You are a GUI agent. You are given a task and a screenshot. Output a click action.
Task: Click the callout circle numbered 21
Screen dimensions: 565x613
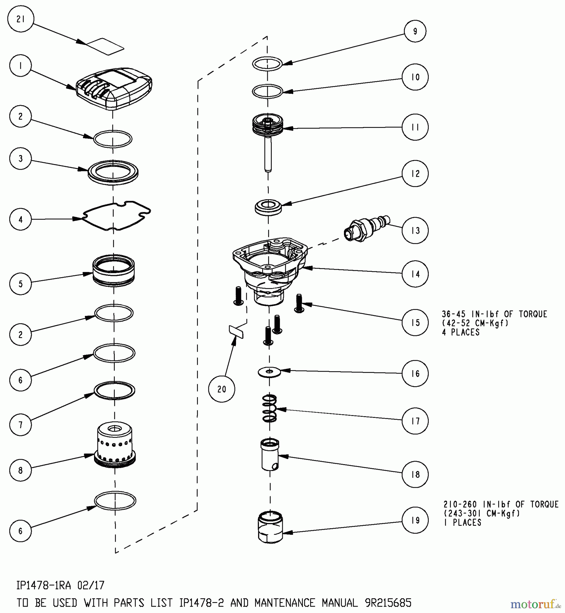[21, 19]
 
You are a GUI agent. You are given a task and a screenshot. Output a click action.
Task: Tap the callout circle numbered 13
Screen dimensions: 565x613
[415, 231]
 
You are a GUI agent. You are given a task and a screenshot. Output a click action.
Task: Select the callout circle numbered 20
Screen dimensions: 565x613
[222, 389]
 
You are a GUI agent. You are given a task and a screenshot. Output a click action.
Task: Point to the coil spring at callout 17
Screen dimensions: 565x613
[269, 408]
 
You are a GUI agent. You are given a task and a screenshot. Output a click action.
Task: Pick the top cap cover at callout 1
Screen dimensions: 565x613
[114, 89]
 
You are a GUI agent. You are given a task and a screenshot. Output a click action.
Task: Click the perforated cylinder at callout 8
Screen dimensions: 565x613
[115, 445]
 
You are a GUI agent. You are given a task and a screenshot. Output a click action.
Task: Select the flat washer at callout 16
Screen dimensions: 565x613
[269, 372]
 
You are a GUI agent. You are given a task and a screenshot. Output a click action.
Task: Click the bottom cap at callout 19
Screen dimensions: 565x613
[270, 526]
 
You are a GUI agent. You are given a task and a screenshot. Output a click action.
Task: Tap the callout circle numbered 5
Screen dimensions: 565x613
[21, 284]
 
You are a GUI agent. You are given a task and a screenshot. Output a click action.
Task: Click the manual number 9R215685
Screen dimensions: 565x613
[388, 603]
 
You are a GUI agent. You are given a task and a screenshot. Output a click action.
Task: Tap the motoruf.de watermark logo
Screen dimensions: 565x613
[536, 604]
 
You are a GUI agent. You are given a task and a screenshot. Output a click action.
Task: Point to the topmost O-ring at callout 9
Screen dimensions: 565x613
[267, 63]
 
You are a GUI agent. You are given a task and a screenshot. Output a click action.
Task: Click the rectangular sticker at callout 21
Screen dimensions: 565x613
[105, 46]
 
